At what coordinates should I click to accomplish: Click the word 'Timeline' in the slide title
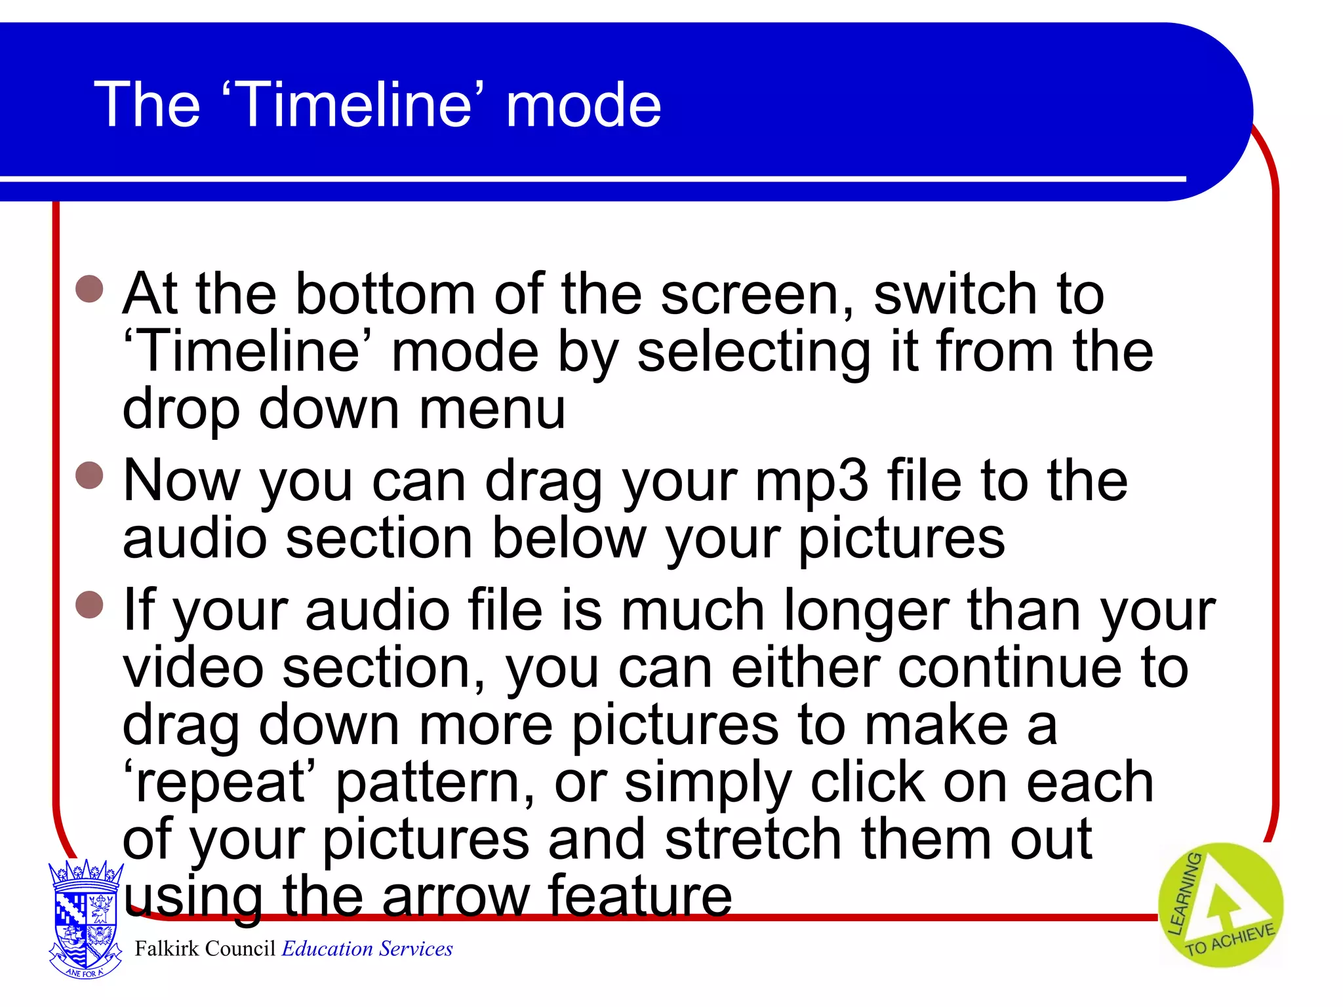point(354,105)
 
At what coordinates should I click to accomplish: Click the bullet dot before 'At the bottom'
point(90,288)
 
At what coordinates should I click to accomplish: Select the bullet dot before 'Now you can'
point(90,475)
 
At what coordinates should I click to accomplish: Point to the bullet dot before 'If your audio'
point(90,604)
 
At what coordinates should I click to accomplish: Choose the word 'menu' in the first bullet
point(492,409)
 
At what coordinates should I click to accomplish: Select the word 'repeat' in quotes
point(220,783)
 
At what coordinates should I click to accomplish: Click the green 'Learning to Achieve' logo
point(1220,905)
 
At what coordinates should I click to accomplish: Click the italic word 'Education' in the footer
point(328,949)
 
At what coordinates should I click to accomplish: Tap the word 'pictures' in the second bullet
point(901,539)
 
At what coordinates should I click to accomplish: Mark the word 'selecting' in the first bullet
point(754,354)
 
